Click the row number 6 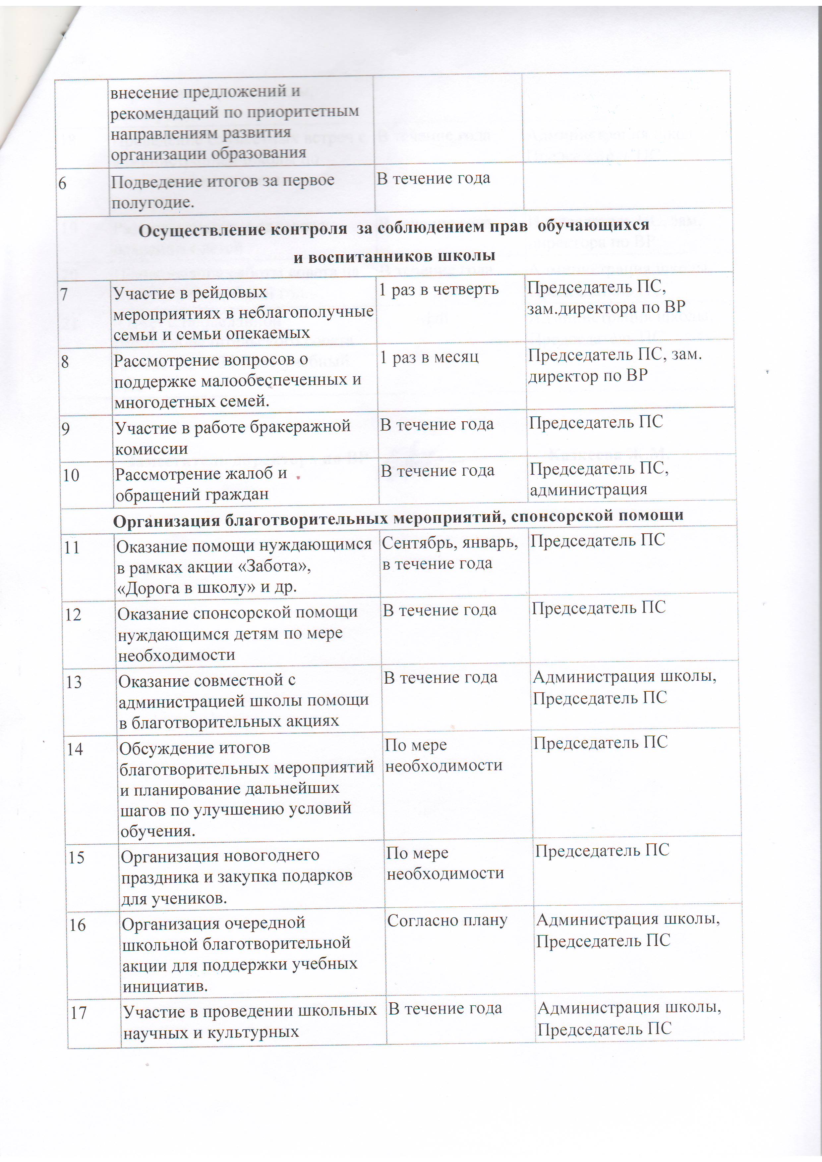coord(62,183)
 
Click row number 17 coord(79,1012)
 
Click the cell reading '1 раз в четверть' coord(439,290)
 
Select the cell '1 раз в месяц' coord(429,357)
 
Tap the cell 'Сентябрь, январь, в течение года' coord(449,553)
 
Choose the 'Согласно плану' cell coord(447,920)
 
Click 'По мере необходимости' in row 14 coord(443,755)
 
